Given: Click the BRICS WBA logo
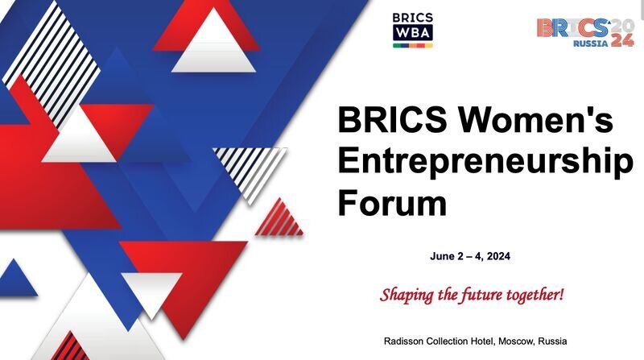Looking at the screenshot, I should [x=413, y=29].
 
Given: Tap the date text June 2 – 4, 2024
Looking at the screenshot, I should [x=471, y=257].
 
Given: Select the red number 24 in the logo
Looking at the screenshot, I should [x=621, y=40].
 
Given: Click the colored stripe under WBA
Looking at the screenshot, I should [x=413, y=46].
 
